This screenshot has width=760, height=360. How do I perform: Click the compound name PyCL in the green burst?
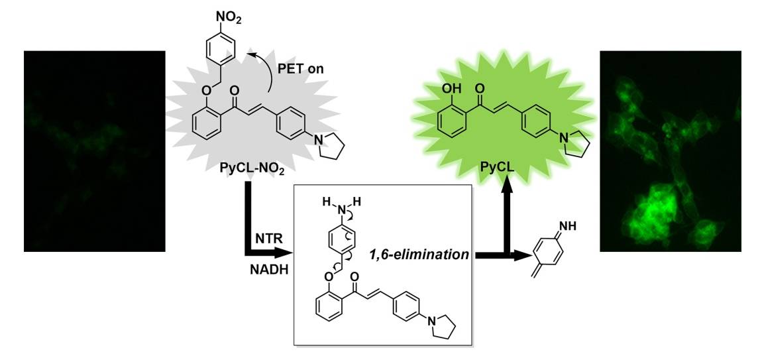496,171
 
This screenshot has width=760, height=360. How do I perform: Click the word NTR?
267,237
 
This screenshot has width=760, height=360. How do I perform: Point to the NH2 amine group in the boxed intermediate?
343,208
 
